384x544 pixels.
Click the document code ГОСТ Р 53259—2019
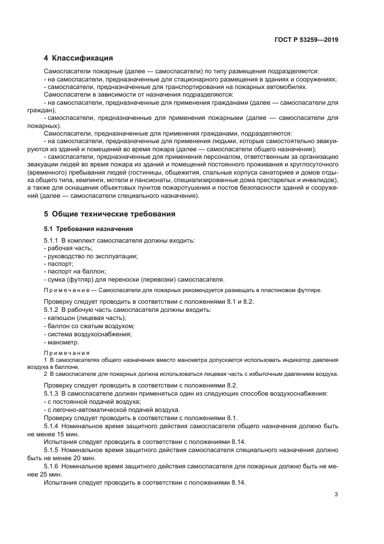(306, 40)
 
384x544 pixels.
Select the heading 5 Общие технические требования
(109, 214)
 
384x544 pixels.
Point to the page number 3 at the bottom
(336, 495)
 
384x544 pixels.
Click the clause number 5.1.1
(52, 240)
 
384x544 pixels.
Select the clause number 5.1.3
(52, 394)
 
